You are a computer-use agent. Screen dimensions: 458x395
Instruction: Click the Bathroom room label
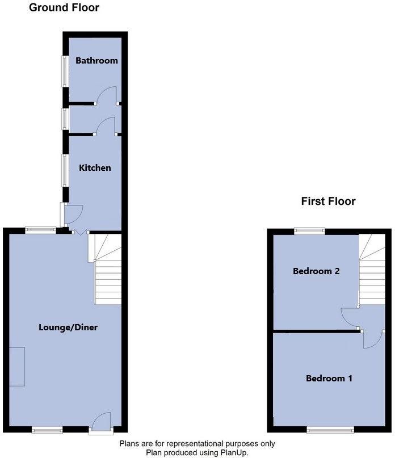point(96,61)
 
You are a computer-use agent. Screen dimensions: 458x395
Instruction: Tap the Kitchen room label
point(95,168)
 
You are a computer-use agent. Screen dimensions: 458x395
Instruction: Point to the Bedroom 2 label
point(316,271)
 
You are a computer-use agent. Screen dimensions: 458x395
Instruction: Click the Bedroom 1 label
point(329,378)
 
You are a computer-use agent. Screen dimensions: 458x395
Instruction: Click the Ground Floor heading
point(64,8)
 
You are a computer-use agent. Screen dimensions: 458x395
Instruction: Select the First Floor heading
point(328,201)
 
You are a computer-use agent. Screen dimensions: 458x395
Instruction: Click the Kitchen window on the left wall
point(65,170)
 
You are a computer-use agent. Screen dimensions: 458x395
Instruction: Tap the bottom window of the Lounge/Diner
point(47,431)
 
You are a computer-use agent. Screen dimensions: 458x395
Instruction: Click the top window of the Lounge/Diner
point(40,230)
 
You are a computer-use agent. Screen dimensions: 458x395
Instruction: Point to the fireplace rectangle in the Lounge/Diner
point(16,367)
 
